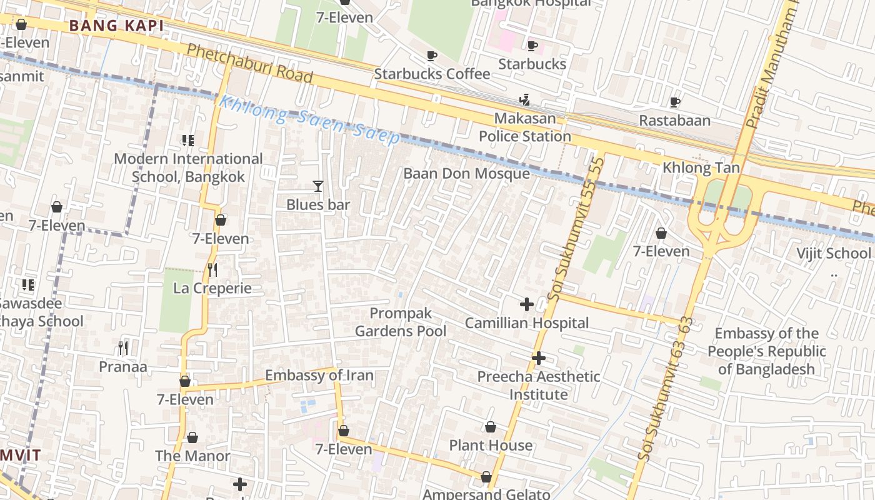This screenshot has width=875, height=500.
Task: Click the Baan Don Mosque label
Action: [x=466, y=173]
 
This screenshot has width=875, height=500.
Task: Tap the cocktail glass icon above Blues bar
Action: [x=318, y=186]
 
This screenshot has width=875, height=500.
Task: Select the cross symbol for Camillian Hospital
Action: [x=527, y=304]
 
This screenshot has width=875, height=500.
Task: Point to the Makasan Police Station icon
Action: [x=524, y=99]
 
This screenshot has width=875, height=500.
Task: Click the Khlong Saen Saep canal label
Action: [x=309, y=119]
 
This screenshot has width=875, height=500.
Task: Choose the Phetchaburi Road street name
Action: [x=250, y=63]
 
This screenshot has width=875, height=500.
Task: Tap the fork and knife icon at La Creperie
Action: [x=212, y=269]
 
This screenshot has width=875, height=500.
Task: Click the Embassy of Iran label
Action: [x=319, y=375]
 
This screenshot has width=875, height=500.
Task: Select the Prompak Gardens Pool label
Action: [x=401, y=322]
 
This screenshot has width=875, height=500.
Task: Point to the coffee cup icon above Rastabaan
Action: [x=674, y=102]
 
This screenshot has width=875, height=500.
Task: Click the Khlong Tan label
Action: [x=701, y=167]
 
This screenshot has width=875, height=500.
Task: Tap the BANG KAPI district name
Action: [x=116, y=26]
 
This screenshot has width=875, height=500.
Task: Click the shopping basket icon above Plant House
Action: [x=491, y=427]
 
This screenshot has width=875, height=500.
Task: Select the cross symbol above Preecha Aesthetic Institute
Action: [x=539, y=358]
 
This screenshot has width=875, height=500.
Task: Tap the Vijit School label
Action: [x=833, y=253]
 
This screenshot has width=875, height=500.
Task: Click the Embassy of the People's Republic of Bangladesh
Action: [x=766, y=351]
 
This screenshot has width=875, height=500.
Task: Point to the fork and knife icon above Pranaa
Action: [x=123, y=348]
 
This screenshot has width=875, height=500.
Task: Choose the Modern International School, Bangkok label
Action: [x=188, y=167]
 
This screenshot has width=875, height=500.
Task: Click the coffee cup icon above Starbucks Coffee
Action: [x=431, y=56]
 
